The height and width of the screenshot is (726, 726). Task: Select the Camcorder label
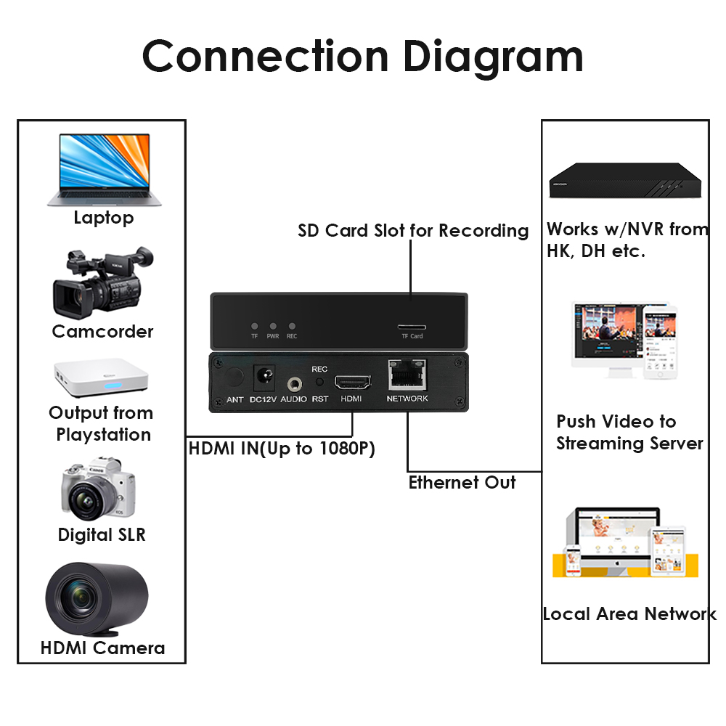click(x=102, y=332)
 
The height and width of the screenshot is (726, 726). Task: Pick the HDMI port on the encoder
click(x=352, y=382)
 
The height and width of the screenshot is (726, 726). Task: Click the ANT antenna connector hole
click(x=234, y=378)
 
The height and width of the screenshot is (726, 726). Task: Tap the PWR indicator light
click(x=273, y=327)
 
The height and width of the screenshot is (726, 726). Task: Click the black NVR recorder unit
click(x=624, y=181)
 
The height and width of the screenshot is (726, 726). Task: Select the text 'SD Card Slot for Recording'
click(x=413, y=231)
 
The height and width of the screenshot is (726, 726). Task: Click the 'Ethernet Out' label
click(x=462, y=483)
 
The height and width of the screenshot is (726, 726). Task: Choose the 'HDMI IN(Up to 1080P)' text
click(x=282, y=449)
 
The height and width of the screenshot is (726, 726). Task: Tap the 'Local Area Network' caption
click(x=629, y=614)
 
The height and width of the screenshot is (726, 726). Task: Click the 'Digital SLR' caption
click(x=102, y=535)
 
